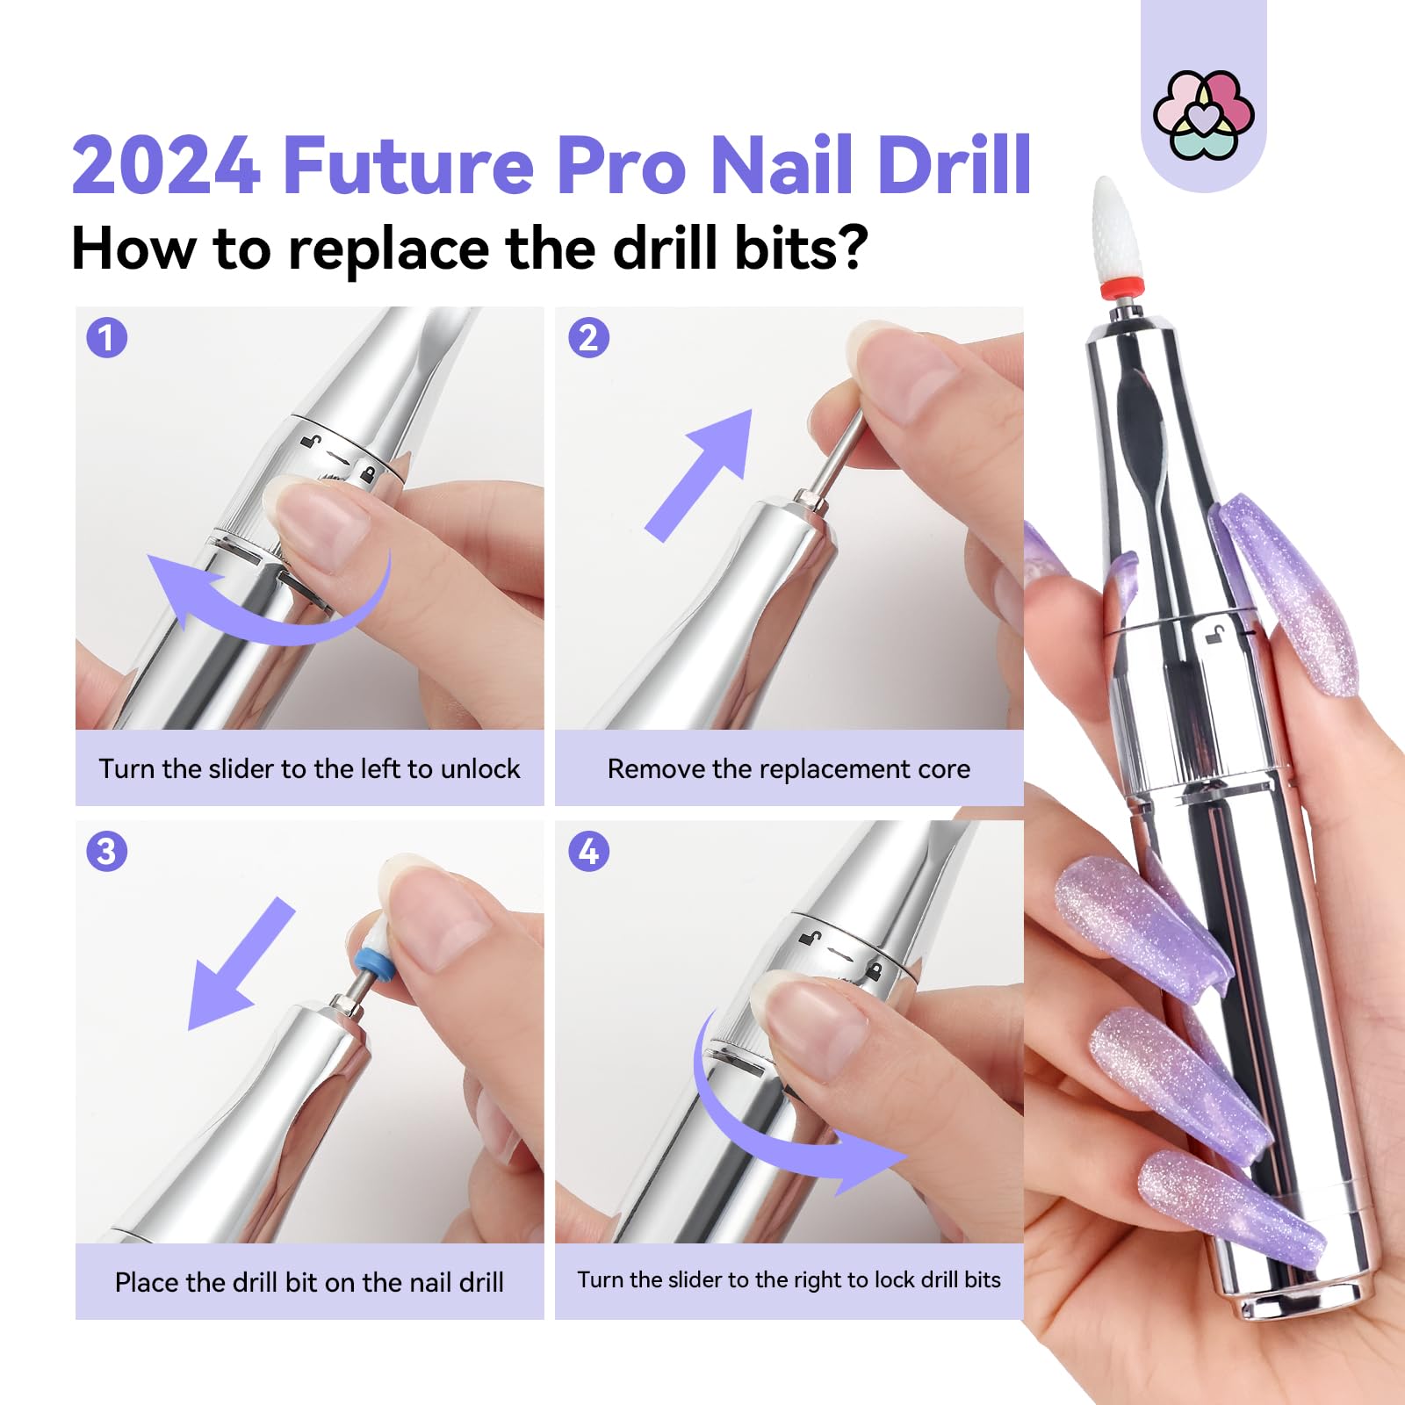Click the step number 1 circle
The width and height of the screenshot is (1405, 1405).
[x=107, y=338]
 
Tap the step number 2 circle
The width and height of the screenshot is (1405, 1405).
[x=588, y=338]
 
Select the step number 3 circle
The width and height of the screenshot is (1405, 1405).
[x=107, y=852]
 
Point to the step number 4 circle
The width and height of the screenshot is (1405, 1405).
[x=588, y=852]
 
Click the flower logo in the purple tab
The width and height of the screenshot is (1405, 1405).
[x=1203, y=115]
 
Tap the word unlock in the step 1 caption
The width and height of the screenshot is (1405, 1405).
[x=479, y=768]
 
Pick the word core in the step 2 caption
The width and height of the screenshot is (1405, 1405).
[x=944, y=769]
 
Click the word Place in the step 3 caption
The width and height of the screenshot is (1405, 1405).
[x=147, y=1282]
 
